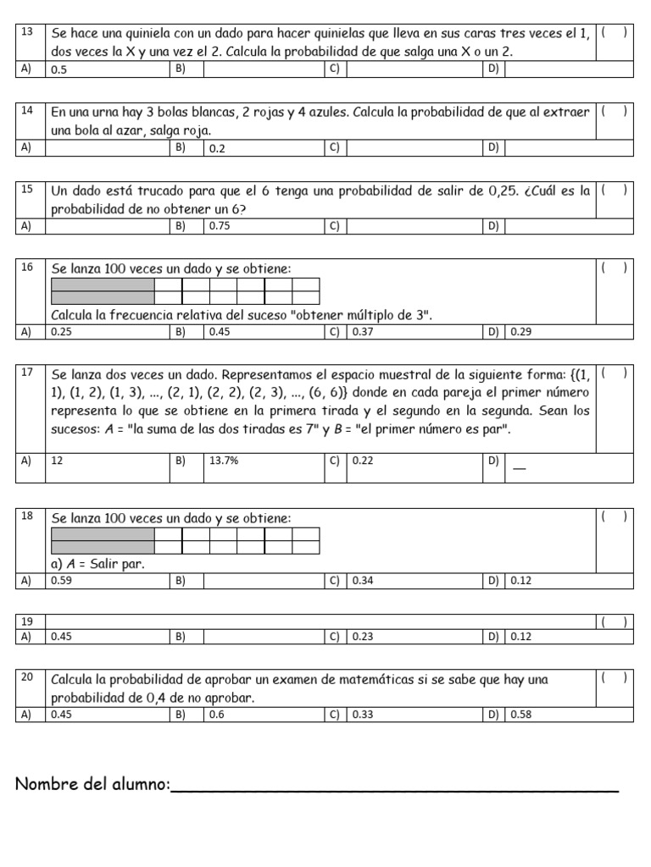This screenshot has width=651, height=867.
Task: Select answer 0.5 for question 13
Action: [59, 69]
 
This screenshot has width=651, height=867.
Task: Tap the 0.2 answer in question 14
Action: [217, 148]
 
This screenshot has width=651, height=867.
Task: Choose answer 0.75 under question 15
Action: [220, 226]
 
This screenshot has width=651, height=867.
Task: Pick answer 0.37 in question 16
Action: [363, 332]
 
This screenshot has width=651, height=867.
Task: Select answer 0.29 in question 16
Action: [520, 332]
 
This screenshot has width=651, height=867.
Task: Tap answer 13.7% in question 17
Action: [223, 461]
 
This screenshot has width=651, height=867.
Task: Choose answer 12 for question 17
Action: [58, 461]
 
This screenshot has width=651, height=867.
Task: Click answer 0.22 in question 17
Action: [363, 461]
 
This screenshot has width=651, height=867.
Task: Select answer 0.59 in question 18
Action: [61, 580]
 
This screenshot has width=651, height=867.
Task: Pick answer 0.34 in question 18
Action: [363, 580]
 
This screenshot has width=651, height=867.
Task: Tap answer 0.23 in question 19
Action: [363, 637]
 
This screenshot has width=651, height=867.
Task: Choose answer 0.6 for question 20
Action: [217, 715]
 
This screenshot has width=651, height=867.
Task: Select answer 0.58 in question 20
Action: [520, 715]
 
